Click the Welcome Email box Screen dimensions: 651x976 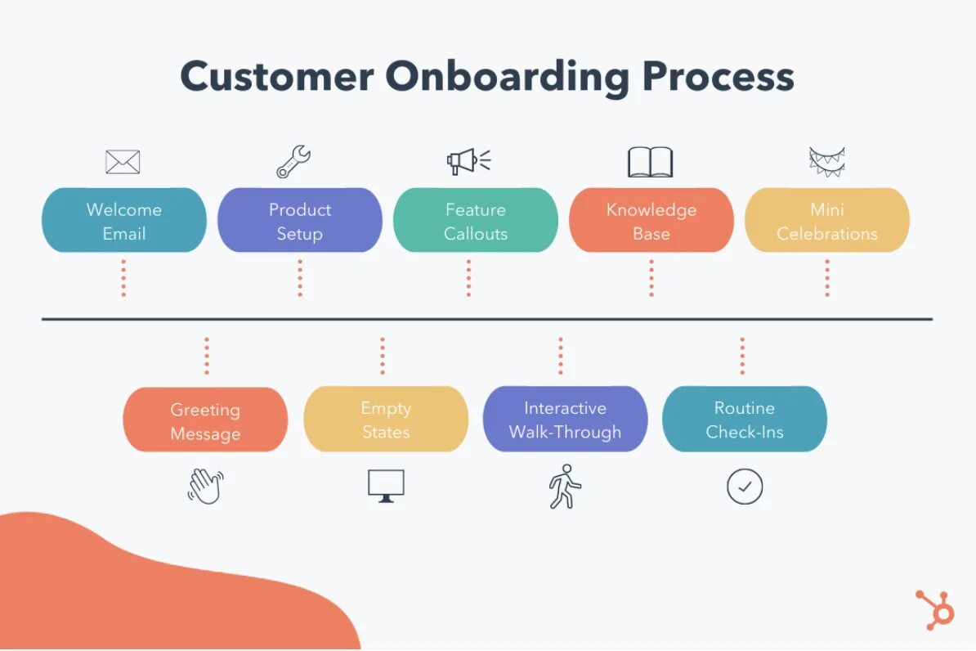[x=124, y=221]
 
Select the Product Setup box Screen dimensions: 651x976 [x=300, y=221]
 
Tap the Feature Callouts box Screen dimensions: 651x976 [x=476, y=221]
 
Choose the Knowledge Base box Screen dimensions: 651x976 [x=651, y=221]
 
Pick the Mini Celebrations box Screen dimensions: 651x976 [x=827, y=221]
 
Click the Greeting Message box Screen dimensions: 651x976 [x=205, y=420]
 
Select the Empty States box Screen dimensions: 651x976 [x=386, y=420]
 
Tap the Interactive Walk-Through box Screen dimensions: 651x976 [x=566, y=420]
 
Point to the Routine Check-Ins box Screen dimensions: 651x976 [x=745, y=420]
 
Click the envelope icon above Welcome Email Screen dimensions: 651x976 [x=123, y=162]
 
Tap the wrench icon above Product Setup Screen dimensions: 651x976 [x=293, y=162]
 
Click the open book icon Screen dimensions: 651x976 [x=651, y=162]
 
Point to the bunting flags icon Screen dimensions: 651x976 [x=826, y=161]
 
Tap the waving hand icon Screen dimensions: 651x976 [x=205, y=486]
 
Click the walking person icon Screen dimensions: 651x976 [x=565, y=487]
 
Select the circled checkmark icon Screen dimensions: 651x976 [x=745, y=487]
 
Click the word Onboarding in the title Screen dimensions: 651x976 [x=508, y=78]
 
